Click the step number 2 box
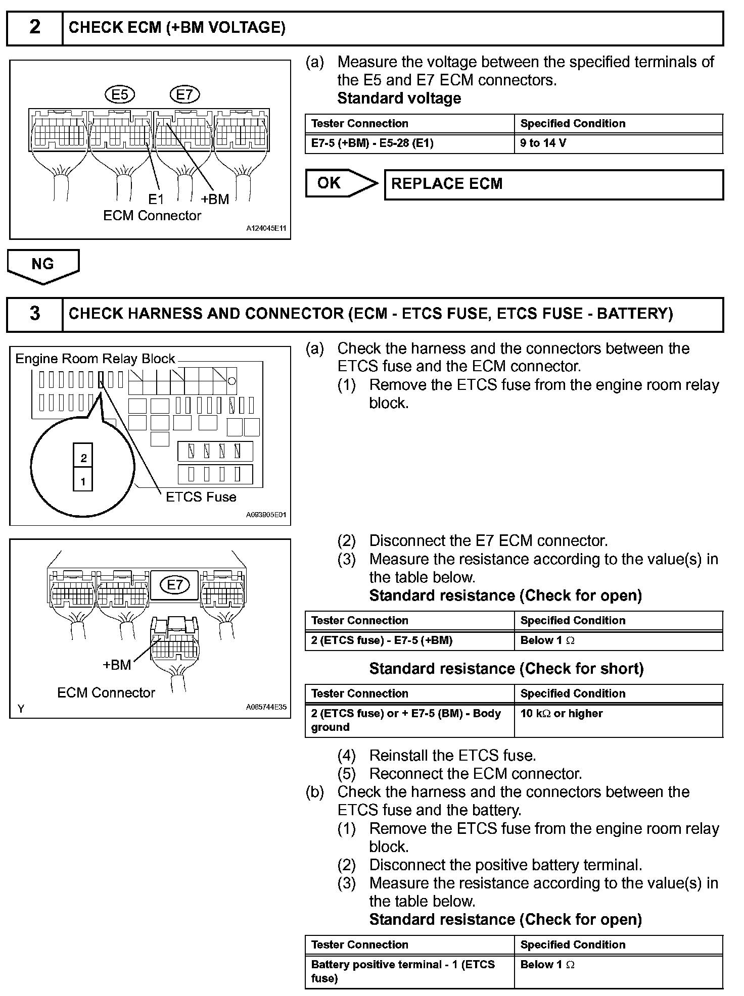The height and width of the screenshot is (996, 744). tap(34, 27)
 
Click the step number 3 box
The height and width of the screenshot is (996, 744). tap(34, 314)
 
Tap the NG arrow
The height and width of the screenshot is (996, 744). tap(43, 266)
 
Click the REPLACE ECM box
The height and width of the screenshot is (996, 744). tap(553, 184)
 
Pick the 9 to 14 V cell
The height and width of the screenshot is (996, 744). tap(618, 143)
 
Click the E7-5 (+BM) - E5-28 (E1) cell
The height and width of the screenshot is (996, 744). tap(409, 143)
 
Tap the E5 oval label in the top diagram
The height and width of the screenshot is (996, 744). tap(120, 94)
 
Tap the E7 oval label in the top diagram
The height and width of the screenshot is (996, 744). tap(184, 94)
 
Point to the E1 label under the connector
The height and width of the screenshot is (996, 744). tap(156, 199)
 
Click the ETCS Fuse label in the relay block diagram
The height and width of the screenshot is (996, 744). tap(201, 497)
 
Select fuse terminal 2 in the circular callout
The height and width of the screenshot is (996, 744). tap(83, 458)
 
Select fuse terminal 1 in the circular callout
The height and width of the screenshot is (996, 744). tap(83, 481)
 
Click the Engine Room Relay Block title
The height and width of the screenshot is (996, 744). tap(95, 359)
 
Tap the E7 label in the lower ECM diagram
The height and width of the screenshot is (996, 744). tap(174, 585)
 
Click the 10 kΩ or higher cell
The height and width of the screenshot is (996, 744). tap(618, 720)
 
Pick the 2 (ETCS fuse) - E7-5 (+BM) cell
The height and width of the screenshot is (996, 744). tap(409, 640)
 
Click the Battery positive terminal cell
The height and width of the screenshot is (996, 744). tap(409, 971)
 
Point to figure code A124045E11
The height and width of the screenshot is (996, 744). tap(266, 229)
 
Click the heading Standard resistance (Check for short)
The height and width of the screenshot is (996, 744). tap(506, 669)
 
